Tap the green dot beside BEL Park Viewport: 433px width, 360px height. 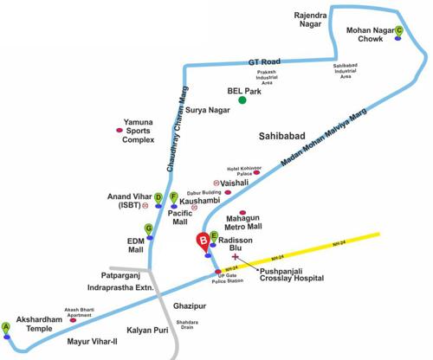pyautogui.click(x=243, y=100)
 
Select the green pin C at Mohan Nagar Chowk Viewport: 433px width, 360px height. pyautogui.click(x=398, y=32)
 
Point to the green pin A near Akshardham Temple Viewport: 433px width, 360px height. pyautogui.click(x=7, y=327)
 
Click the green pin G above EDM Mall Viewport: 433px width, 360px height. pyautogui.click(x=149, y=229)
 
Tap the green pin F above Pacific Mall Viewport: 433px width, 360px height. pyautogui.click(x=173, y=197)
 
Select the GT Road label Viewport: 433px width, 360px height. pyautogui.click(x=265, y=63)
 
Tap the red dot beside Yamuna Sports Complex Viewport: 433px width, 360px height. pyautogui.click(x=120, y=131)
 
